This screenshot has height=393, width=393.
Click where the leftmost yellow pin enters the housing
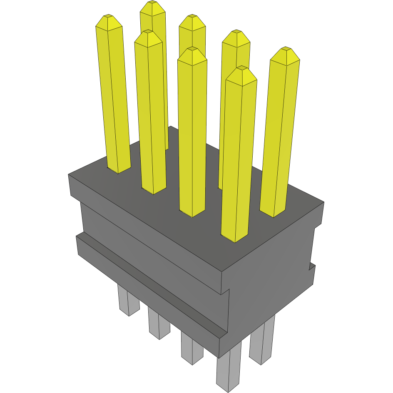[x=119, y=170]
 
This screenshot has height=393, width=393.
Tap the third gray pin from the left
[x=192, y=350]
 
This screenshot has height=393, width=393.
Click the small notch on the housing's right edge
[x=311, y=266]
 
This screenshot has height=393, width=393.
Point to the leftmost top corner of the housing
[x=69, y=175]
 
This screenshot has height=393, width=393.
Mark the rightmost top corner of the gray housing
[x=323, y=202]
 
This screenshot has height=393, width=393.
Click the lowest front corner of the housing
[x=219, y=357]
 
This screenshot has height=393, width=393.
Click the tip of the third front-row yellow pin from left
[x=192, y=50]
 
